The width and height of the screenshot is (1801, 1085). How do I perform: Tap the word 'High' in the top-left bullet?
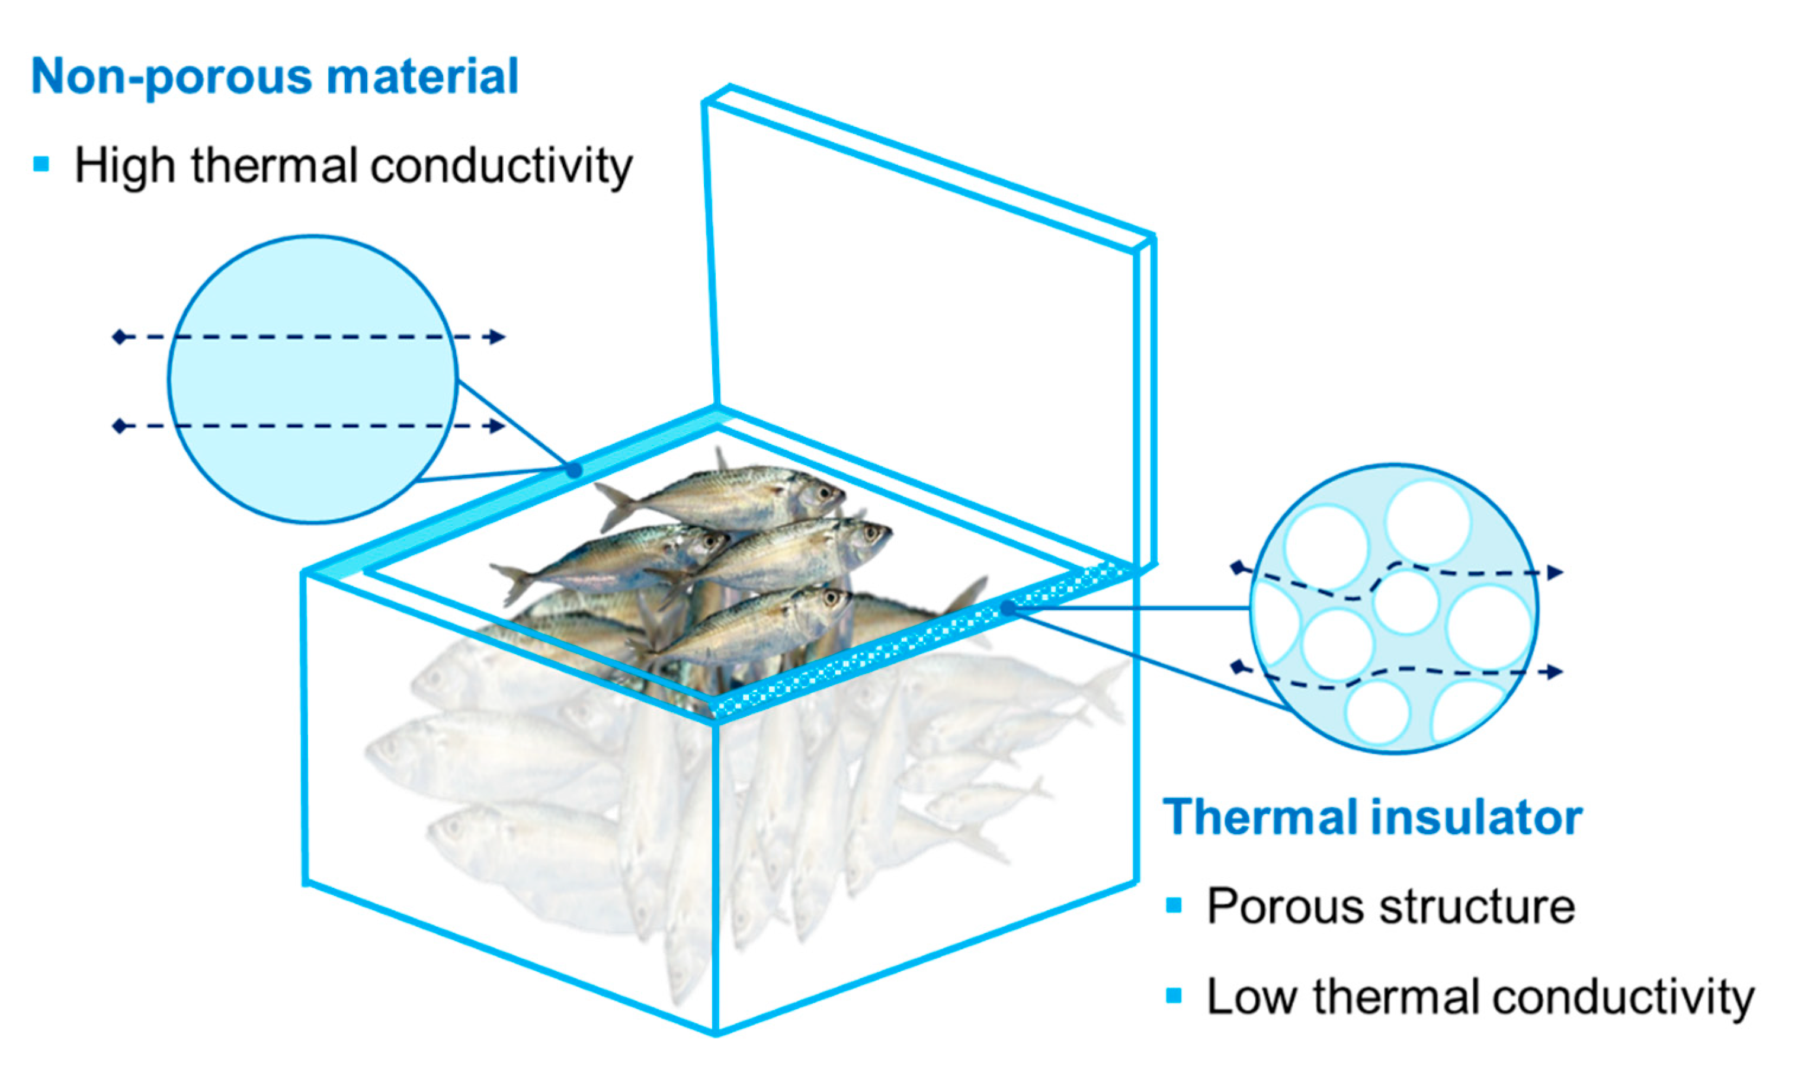click(124, 166)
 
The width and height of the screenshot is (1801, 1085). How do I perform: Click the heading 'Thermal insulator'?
click(1372, 817)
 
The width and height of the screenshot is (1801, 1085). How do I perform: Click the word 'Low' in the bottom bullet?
click(1251, 997)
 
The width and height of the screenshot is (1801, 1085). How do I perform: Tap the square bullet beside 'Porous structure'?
click(1174, 905)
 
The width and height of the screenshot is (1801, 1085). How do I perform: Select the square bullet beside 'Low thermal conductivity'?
click(1174, 995)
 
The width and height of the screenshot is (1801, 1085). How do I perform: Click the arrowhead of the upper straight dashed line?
click(498, 337)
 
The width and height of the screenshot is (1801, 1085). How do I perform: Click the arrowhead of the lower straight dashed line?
click(498, 425)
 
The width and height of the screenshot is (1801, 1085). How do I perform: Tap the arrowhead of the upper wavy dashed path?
click(1555, 572)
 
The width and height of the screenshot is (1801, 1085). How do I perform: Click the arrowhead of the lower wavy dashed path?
click(1555, 671)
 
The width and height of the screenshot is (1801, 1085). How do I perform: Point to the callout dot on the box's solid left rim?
click(575, 469)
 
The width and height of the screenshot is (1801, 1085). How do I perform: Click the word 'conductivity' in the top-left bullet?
click(501, 166)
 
